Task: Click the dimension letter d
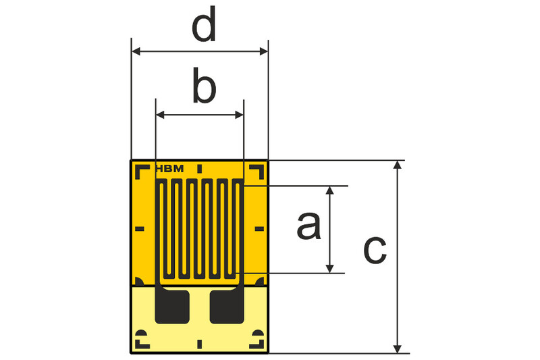[x=204, y=25]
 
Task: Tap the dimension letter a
[x=309, y=226]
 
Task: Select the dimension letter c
[x=375, y=250]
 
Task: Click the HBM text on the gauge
[x=170, y=169]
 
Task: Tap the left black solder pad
[x=172, y=307]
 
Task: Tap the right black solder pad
[x=227, y=307]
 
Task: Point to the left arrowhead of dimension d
[x=136, y=52]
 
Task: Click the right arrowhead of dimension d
[x=263, y=52]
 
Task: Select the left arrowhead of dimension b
[x=160, y=115]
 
